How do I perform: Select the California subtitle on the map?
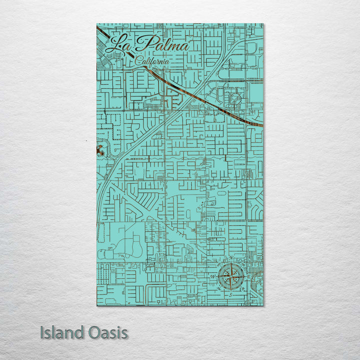click(152, 60)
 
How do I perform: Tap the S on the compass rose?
click(231, 294)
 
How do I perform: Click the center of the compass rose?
click(231, 275)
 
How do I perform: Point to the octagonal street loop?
click(233, 99)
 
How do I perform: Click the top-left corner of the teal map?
click(96, 24)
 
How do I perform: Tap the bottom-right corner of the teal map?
click(263, 305)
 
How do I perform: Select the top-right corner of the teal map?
click(263, 24)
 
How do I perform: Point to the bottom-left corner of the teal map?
click(96, 305)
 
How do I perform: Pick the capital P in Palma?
click(145, 45)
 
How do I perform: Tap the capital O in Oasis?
click(91, 332)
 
